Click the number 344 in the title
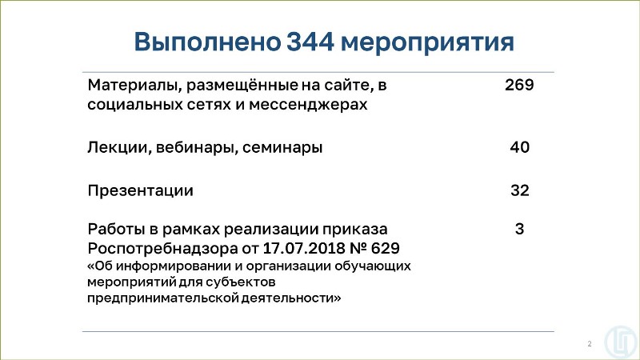(310, 42)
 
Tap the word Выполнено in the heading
(207, 42)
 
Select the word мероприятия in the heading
(427, 44)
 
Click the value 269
(519, 85)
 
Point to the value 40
(519, 147)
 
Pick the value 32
(519, 190)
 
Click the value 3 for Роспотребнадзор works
(519, 229)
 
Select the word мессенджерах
(308, 105)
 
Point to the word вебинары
(196, 148)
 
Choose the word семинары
(282, 148)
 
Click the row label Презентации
(141, 191)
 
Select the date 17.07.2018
(304, 248)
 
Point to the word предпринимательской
(162, 298)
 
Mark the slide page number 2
(590, 344)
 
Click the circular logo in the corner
(622, 342)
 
